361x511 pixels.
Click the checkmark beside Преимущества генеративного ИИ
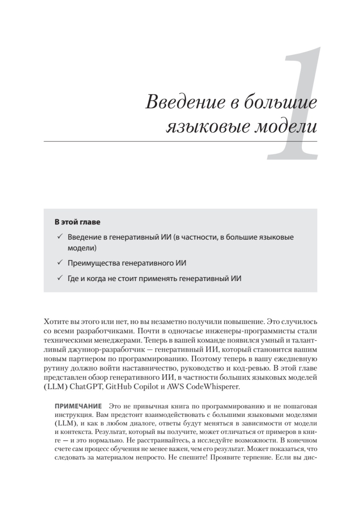point(60,263)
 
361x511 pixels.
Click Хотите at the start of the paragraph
point(55,322)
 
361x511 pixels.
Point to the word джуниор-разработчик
point(98,350)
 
